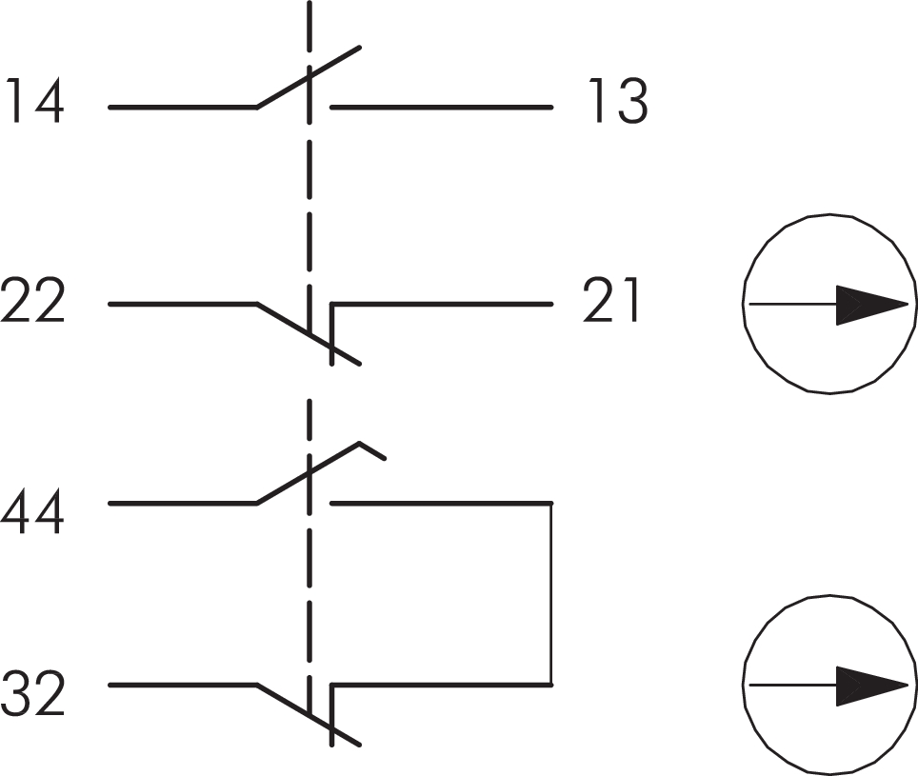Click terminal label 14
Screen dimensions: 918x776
pos(34,101)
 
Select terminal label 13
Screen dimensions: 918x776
pos(618,101)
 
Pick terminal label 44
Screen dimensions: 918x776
pos(32,512)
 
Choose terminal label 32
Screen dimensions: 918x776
pos(32,693)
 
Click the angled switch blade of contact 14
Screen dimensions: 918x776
pos(309,77)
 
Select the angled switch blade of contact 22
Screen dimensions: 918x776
pos(309,333)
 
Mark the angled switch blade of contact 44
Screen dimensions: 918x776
pos(309,472)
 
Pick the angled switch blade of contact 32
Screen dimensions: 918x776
pos(309,714)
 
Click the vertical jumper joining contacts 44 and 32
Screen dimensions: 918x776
pos(550,593)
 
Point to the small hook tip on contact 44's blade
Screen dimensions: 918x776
pos(372,450)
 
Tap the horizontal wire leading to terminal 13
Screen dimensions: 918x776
pos(442,107)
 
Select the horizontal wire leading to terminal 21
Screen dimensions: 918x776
pos(442,305)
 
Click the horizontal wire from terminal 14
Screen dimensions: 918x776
pos(183,107)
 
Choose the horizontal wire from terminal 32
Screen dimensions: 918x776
pos(183,685)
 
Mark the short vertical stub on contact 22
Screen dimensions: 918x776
pos(332,334)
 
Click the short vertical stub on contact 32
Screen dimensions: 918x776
pos(332,715)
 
